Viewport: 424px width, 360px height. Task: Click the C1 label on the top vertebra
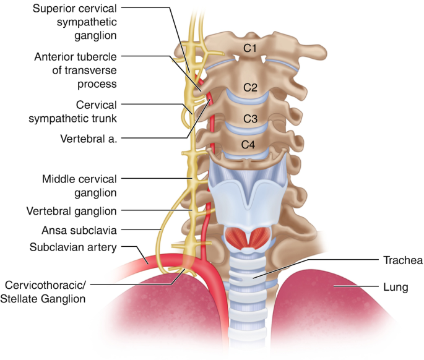pos(250,48)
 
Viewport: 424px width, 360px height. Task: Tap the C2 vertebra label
pos(250,87)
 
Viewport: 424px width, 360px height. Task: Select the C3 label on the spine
pos(250,118)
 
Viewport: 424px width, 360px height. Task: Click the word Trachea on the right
pos(393,261)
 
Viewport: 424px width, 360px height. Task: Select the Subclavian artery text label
pos(74,247)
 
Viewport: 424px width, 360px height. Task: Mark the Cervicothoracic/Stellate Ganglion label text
pos(54,291)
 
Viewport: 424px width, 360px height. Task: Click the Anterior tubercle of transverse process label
pos(76,70)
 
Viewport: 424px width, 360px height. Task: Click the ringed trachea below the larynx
pos(251,291)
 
